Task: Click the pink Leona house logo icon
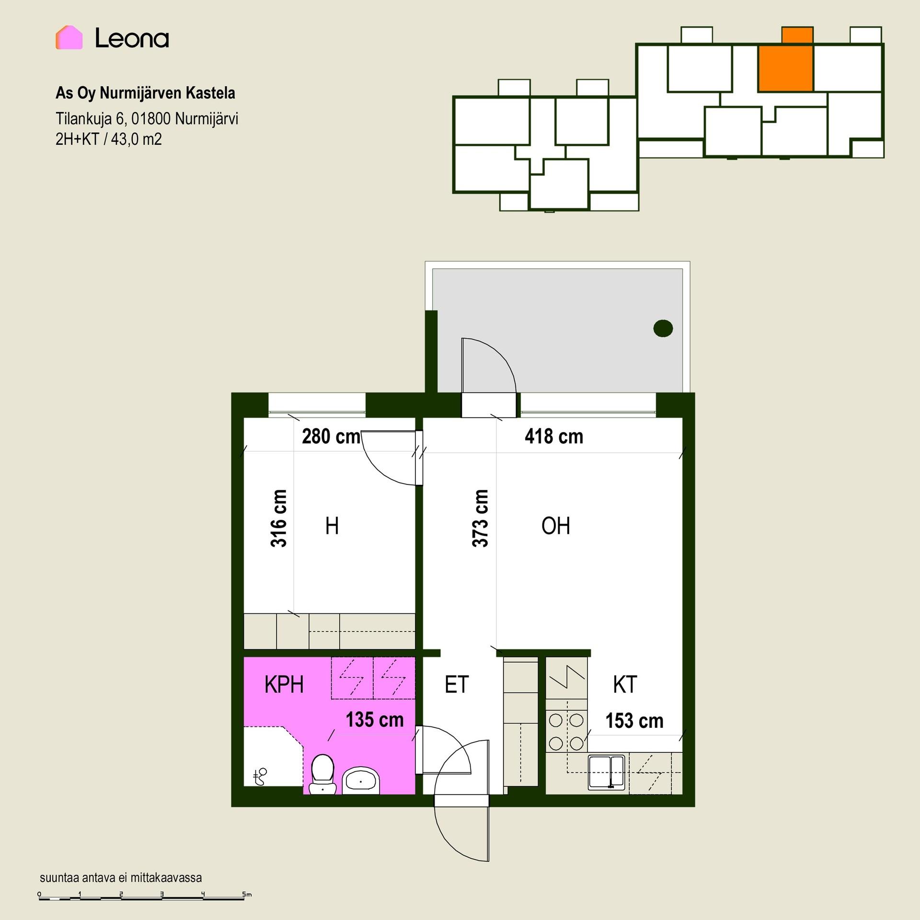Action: pyautogui.click(x=69, y=37)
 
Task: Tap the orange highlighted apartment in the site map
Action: pyautogui.click(x=786, y=68)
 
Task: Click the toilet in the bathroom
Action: pyautogui.click(x=322, y=775)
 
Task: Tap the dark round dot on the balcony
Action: pyautogui.click(x=663, y=328)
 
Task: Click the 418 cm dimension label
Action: pyautogui.click(x=554, y=437)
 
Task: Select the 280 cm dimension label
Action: pyautogui.click(x=331, y=437)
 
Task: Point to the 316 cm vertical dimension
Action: pyautogui.click(x=279, y=518)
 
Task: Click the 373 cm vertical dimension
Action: pyautogui.click(x=480, y=518)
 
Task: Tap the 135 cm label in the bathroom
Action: pyautogui.click(x=375, y=720)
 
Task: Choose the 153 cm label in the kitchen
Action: pyautogui.click(x=634, y=721)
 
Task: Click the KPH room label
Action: pyautogui.click(x=284, y=685)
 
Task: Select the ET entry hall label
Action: pyautogui.click(x=457, y=685)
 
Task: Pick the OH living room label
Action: pyautogui.click(x=556, y=526)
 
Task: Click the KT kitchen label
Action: pyautogui.click(x=625, y=685)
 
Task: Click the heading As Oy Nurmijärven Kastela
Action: pyautogui.click(x=145, y=93)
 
